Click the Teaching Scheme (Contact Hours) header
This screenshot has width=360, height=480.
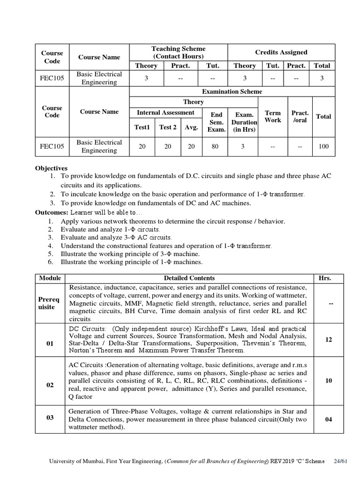pos(178,52)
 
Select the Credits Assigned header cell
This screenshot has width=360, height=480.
pos(281,52)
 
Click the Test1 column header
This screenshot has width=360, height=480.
pos(142,127)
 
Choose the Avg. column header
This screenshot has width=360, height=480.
pos(191,127)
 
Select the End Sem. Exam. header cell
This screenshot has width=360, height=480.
pos(216,122)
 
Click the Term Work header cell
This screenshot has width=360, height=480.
pos(273,116)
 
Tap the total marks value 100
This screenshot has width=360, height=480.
pos(323,147)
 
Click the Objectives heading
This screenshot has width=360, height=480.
pos(52,168)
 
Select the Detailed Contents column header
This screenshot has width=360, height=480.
pos(189,278)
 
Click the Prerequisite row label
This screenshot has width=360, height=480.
pos(50,303)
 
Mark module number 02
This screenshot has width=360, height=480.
pos(50,385)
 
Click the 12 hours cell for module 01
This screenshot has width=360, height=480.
pos(329,339)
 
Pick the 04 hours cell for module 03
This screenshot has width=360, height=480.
pos(329,419)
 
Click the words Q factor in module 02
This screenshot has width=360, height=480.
pos(81,397)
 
